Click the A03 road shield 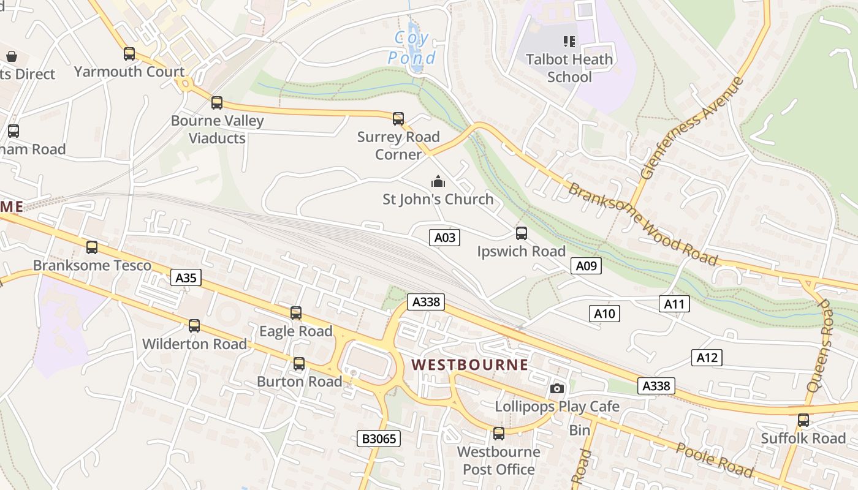[444, 238]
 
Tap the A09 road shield [586, 265]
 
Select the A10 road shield [604, 314]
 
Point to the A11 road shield [674, 303]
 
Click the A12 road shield [707, 358]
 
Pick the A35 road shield [186, 278]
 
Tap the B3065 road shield [379, 439]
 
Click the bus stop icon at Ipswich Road [522, 233]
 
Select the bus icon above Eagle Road [296, 313]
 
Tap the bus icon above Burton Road [299, 364]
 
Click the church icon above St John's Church [438, 181]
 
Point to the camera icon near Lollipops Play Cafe [557, 388]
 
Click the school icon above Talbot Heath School [569, 42]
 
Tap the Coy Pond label [412, 48]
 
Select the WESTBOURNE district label [469, 365]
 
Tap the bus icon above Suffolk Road [803, 420]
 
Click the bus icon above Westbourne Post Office [499, 434]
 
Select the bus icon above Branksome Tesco [92, 247]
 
